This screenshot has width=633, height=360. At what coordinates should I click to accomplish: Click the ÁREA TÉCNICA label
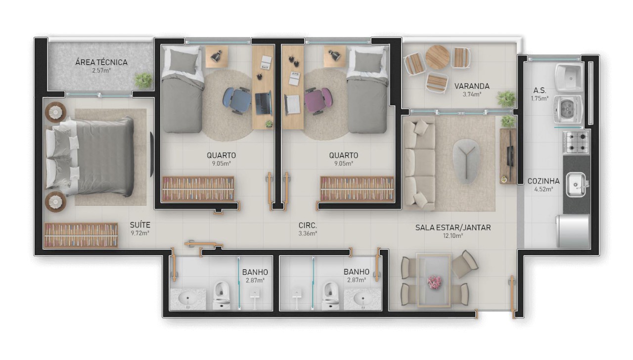point(101,62)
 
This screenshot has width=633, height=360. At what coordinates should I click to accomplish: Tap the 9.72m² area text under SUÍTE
point(140,233)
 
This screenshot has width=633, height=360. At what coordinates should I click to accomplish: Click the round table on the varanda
point(437,57)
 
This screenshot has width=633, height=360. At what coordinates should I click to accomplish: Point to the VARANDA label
point(472,86)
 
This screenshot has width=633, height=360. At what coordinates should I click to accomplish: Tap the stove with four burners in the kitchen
point(576,141)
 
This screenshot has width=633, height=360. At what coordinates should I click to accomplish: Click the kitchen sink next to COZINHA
point(577,184)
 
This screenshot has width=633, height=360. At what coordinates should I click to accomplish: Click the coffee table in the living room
point(466,158)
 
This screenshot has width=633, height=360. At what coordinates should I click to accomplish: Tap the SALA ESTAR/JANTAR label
point(452,227)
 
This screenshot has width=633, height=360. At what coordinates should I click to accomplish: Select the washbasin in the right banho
point(363,299)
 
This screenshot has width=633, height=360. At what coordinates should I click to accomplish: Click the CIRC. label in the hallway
point(308,225)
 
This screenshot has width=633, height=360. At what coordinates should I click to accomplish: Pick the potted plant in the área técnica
point(143,79)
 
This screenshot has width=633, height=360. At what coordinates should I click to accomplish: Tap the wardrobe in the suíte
point(81,235)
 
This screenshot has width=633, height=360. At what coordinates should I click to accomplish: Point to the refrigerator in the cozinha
point(573,230)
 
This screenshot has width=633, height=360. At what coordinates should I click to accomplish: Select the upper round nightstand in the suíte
point(55,112)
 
